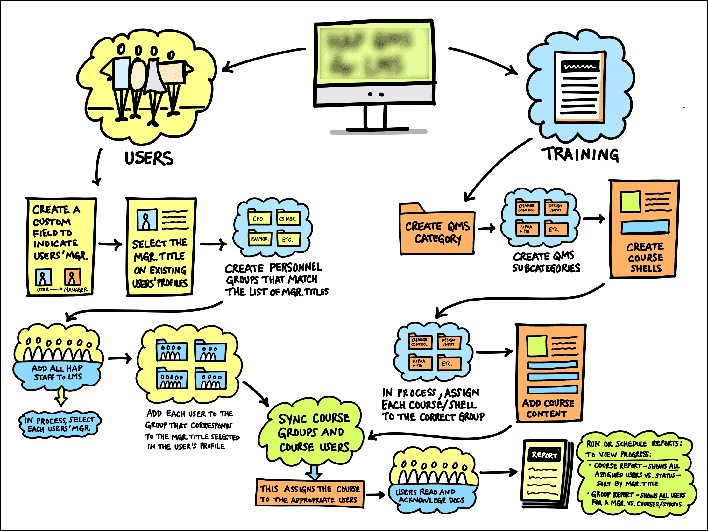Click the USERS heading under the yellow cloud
[x=149, y=159]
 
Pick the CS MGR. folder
[x=288, y=218]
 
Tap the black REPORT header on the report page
[x=544, y=455]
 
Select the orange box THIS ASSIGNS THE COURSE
[x=309, y=494]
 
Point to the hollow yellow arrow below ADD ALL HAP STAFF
[x=61, y=397]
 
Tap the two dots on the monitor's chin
[x=375, y=94]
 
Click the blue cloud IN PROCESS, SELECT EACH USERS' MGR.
[x=60, y=424]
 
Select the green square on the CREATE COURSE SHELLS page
[x=630, y=202]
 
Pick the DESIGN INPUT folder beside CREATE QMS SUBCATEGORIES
[x=556, y=208]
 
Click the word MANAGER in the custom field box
[x=75, y=290]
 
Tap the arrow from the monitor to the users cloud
[x=262, y=59]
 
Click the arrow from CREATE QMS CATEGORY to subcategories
[x=487, y=228]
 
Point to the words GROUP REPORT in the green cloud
[x=612, y=495]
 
